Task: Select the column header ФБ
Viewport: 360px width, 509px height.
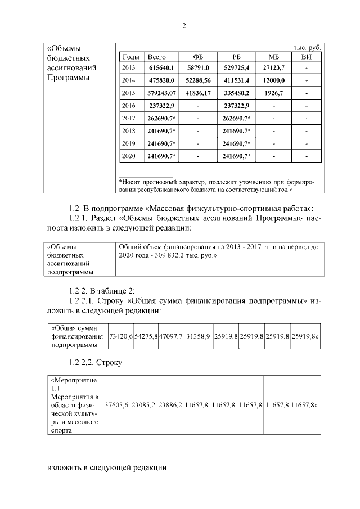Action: pos(198,57)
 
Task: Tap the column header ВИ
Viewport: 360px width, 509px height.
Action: pos(306,57)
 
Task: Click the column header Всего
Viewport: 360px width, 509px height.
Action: pos(156,57)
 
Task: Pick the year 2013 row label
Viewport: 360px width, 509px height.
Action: pos(129,67)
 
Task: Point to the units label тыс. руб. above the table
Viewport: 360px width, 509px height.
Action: pos(307,48)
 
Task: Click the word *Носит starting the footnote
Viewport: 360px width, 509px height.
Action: pos(131,182)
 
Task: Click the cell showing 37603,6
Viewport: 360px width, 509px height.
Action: pos(118,404)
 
